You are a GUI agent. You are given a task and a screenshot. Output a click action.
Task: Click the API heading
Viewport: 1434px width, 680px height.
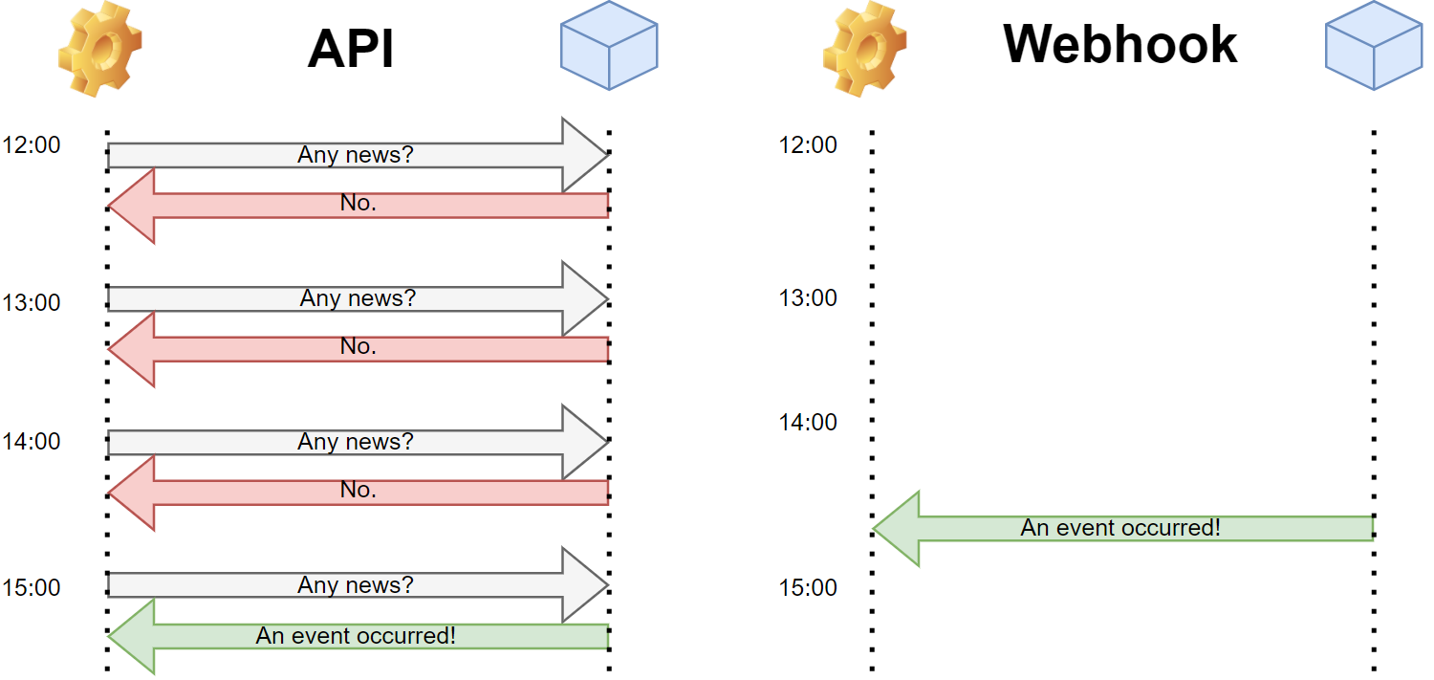[351, 48]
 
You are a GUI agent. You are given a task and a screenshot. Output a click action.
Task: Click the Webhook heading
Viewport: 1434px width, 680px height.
[1119, 43]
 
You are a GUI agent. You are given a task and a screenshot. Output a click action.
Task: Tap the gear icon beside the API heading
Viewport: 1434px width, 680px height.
[99, 48]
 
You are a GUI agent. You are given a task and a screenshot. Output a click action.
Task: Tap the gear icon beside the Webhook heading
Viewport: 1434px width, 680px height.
[864, 48]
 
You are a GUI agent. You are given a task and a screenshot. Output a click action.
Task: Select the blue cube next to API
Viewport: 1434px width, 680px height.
[609, 47]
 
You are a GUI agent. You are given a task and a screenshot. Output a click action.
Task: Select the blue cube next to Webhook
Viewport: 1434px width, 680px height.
[1374, 47]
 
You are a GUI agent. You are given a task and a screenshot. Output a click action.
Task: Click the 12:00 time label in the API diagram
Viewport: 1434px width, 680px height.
[32, 145]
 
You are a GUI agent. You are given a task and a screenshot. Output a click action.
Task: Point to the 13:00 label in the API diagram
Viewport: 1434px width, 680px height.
[32, 303]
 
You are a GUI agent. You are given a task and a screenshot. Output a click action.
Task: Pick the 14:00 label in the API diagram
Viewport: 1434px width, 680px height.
[32, 442]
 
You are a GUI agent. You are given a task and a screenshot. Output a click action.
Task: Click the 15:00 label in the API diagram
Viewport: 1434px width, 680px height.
[32, 587]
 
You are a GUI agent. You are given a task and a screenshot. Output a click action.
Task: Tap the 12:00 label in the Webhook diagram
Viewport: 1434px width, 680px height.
[808, 145]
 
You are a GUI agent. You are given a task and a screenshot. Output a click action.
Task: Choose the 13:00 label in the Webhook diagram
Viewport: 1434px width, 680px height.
[808, 298]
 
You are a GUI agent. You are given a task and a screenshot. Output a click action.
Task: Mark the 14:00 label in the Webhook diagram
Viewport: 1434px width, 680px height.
[808, 423]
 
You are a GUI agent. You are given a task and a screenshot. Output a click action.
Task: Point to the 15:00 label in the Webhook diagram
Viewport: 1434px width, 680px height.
[808, 587]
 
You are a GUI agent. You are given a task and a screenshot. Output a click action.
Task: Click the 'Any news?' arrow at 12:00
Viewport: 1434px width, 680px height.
[356, 155]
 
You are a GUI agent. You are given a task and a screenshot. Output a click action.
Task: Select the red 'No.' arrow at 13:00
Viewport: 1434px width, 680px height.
[358, 348]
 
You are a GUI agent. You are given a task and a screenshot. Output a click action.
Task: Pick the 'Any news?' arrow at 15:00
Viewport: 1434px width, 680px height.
[356, 585]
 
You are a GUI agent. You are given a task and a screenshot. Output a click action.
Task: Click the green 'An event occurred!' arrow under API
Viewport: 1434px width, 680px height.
[356, 636]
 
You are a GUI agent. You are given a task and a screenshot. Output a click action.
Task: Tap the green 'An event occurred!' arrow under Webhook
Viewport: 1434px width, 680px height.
[1120, 528]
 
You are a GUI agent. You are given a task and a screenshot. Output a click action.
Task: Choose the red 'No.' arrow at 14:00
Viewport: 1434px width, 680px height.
[358, 492]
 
